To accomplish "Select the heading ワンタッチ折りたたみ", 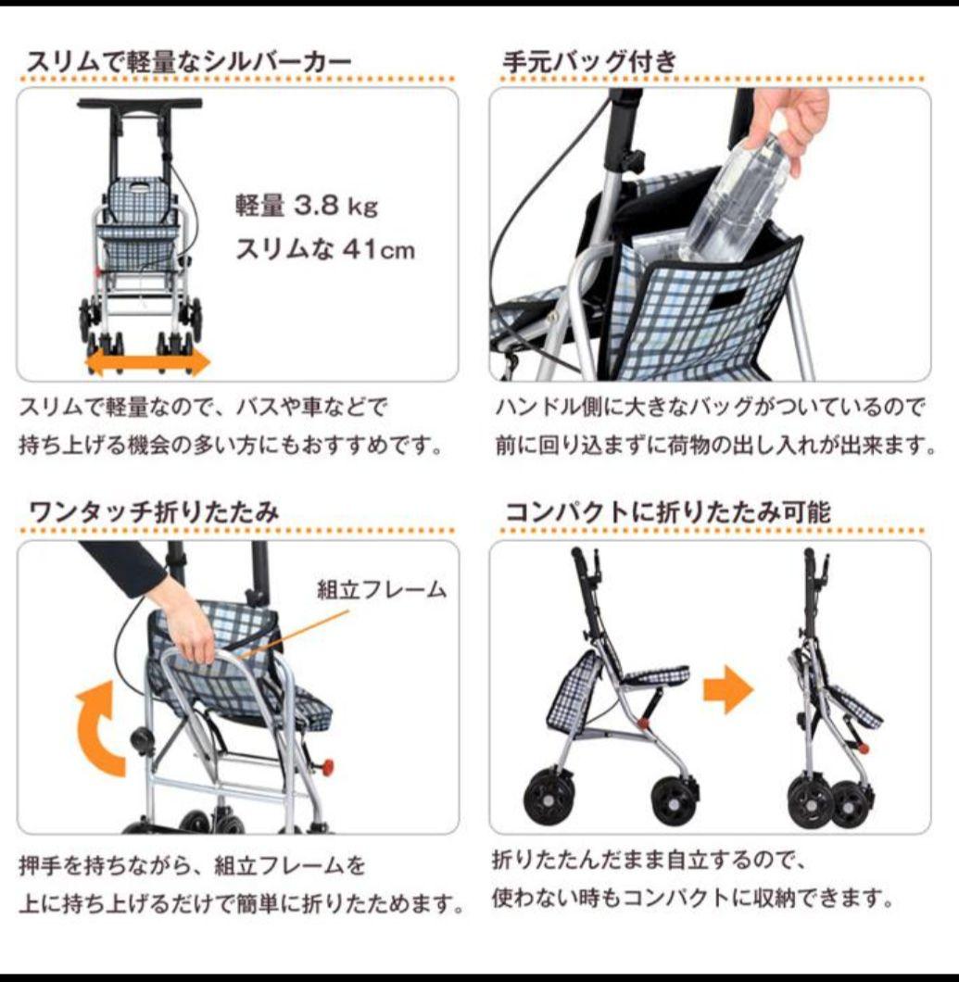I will [154, 511].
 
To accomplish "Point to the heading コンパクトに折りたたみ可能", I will [667, 511].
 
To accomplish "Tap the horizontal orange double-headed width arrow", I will [148, 361].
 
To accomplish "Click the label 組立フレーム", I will [382, 589].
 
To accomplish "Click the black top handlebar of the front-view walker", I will [139, 103].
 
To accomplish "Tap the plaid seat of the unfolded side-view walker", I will [656, 674].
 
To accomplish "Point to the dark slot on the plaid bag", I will [726, 298].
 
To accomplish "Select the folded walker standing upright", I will [827, 695].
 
